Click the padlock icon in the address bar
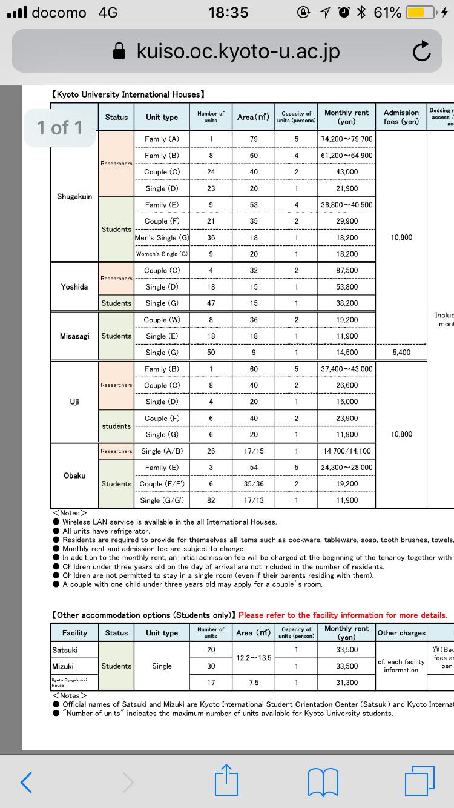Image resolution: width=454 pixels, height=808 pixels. tap(121, 52)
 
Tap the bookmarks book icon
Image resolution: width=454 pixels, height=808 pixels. tap(323, 781)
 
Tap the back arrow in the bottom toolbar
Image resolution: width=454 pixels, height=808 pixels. tap(26, 781)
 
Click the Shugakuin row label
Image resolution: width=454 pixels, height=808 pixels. tap(74, 196)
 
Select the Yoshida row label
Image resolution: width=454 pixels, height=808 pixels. tap(74, 286)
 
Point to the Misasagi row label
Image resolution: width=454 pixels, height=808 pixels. tap(74, 336)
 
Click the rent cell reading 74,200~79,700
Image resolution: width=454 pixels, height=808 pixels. tap(347, 139)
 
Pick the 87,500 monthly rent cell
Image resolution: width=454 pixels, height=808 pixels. tap(347, 270)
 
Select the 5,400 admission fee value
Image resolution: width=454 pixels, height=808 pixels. tap(401, 353)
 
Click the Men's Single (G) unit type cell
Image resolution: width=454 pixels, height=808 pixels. tap(162, 237)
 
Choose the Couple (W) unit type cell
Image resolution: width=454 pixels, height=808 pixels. tap(162, 320)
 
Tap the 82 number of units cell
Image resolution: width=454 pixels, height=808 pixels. tap(211, 500)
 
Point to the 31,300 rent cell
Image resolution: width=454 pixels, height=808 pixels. tap(347, 682)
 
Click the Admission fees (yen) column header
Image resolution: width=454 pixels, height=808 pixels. tap(401, 117)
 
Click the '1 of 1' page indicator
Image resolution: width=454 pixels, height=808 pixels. tap(60, 127)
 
